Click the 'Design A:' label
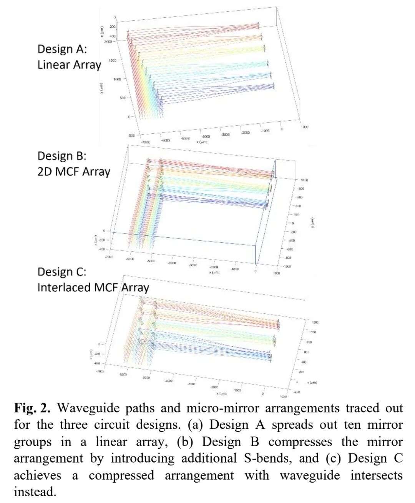(62, 49)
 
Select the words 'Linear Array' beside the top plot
(69, 65)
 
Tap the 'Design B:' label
(62, 156)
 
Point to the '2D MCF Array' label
(74, 172)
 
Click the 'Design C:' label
(62, 272)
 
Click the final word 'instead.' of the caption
(35, 492)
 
